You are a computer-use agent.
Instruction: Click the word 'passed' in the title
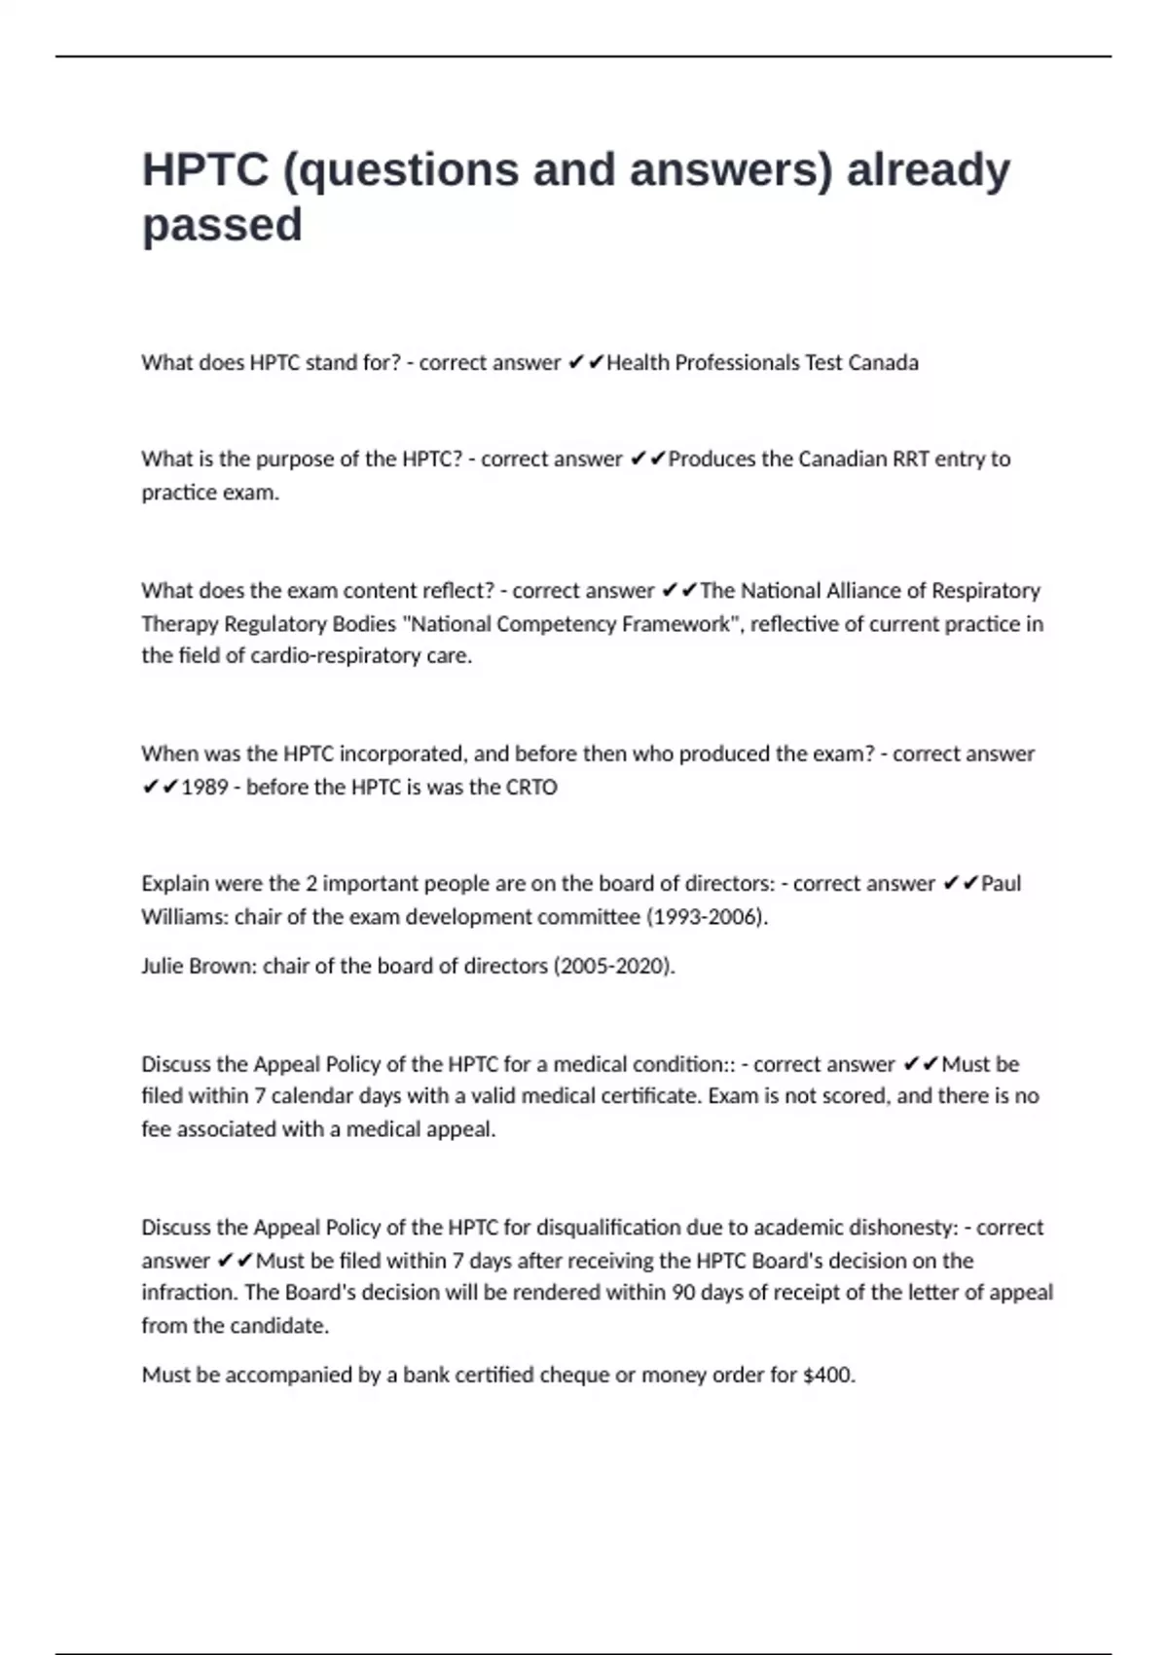222,226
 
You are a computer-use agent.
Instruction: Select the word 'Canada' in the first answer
883,363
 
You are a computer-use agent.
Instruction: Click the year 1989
204,788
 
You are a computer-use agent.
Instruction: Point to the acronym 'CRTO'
531,788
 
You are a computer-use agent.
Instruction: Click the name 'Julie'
167,966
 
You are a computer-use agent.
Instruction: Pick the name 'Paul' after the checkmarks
1001,884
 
